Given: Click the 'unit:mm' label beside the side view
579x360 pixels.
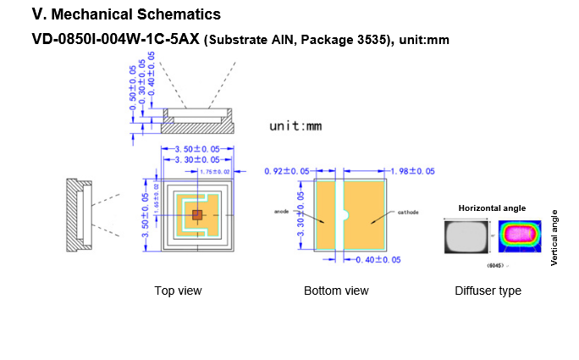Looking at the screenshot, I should [295, 126].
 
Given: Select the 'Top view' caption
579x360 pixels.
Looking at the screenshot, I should [178, 291].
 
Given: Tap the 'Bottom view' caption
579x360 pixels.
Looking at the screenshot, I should [336, 291].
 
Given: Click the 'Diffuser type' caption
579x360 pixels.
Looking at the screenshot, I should [488, 291].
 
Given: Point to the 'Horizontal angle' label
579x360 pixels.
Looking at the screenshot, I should [492, 208].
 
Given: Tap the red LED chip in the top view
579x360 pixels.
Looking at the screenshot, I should [196, 215].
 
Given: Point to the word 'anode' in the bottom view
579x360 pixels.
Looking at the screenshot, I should [283, 210].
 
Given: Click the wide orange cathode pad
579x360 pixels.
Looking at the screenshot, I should [364, 216].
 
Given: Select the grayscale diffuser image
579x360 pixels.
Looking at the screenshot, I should [466, 236].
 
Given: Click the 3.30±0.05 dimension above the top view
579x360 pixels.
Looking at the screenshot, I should [197, 159].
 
